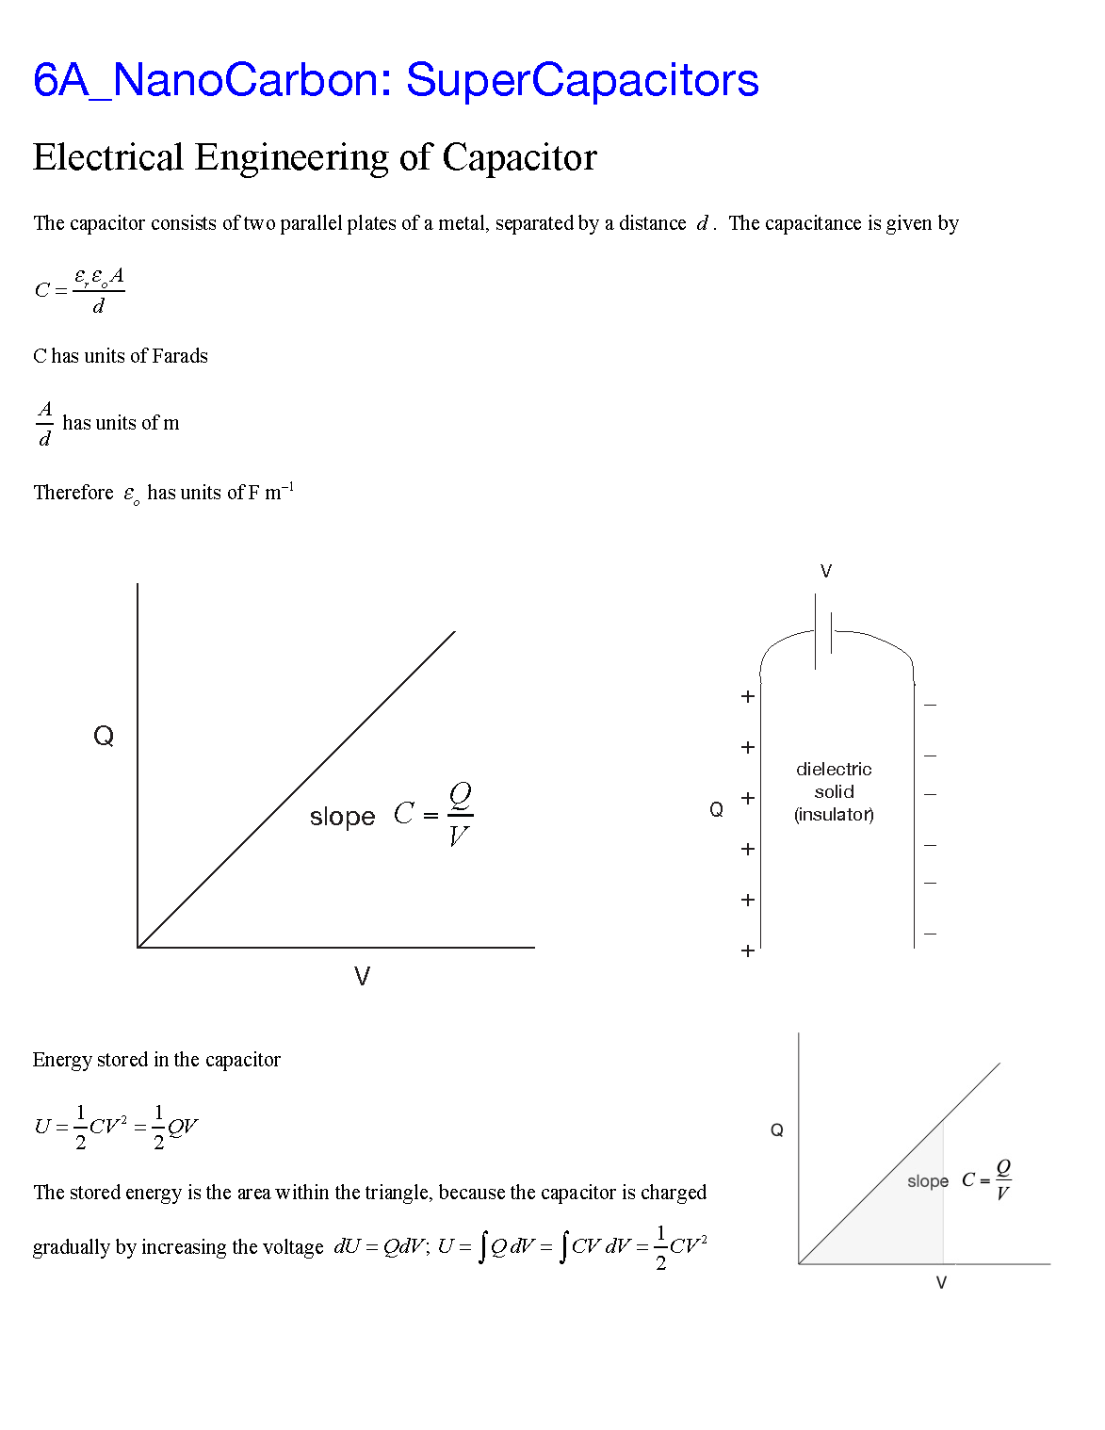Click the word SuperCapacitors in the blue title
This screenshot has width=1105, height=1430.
(581, 80)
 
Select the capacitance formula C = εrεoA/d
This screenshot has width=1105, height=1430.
(80, 290)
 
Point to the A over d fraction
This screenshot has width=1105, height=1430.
(44, 424)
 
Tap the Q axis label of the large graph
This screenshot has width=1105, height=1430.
(104, 736)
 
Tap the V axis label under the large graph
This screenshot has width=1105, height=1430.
(362, 976)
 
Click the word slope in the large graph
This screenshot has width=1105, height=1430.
(342, 817)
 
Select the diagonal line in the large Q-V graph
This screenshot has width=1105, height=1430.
(297, 789)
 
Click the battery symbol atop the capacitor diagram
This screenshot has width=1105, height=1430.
(823, 631)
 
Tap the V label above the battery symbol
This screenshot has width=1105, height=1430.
(826, 571)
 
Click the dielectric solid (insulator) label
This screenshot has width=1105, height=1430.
(834, 791)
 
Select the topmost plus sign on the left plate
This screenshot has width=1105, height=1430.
(748, 696)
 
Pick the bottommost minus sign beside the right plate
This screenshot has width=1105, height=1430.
(931, 934)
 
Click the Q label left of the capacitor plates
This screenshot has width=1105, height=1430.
(717, 809)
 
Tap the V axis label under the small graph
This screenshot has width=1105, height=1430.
(941, 1282)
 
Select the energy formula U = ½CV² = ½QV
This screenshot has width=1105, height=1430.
(116, 1127)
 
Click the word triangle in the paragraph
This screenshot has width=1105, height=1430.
(398, 1193)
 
